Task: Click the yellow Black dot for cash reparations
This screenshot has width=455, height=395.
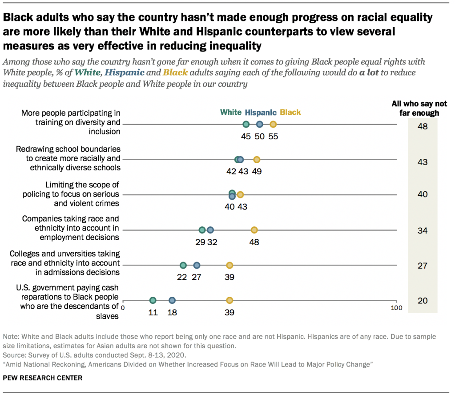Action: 230,300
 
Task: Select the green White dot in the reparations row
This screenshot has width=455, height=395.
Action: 153,300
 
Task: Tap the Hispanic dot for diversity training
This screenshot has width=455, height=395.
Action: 260,125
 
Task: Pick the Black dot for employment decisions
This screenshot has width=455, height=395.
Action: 254,230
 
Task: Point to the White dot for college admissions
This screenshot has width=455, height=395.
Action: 183,265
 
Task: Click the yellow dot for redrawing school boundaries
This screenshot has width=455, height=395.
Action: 257,160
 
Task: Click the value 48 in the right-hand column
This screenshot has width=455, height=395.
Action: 423,127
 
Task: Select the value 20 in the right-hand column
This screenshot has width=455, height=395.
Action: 423,301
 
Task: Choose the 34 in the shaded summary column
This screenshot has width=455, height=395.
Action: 423,230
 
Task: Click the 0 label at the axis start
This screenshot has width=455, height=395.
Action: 123,308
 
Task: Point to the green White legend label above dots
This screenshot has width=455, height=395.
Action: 231,113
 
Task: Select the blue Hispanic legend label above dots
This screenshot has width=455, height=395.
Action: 261,113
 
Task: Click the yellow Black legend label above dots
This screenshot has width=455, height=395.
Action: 290,113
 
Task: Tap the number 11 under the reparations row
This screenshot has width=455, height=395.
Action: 153,313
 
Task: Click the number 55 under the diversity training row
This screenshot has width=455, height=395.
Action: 273,137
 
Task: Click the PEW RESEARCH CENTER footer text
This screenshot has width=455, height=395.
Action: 42,378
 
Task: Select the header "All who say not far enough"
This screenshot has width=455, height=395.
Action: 419,109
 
